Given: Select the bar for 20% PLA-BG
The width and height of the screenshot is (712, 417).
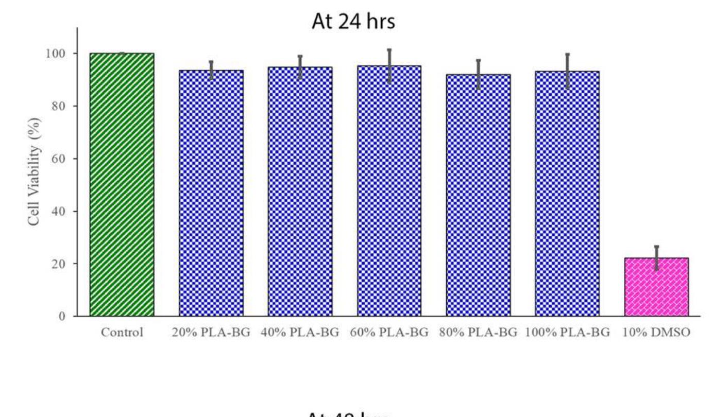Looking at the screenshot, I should coord(211,193).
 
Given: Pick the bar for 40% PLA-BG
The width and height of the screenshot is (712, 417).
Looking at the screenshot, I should coord(300,192).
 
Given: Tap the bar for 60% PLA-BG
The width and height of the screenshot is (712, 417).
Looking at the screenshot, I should coord(389,190).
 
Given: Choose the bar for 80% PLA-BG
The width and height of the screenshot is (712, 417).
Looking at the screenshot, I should coord(478,195).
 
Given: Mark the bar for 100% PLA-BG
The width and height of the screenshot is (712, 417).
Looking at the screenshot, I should coord(567,194).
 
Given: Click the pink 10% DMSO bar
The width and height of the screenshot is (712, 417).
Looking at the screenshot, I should coord(656,287).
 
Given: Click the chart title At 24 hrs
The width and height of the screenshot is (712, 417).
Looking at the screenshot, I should coord(353,21).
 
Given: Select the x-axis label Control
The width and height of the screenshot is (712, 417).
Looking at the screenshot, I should coord(122,333).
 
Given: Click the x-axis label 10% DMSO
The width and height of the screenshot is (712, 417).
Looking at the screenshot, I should coord(656,333).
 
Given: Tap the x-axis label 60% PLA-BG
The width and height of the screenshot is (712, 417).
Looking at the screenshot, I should coord(389,333).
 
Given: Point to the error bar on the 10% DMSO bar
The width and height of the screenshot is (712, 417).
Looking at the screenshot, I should coord(656,257).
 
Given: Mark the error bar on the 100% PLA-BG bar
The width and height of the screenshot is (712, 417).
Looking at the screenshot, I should coord(567,71).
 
